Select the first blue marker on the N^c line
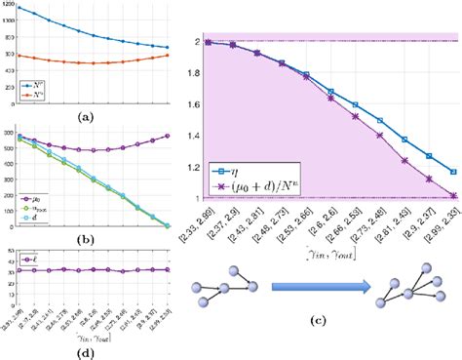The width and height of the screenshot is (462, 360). tap(19, 8)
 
